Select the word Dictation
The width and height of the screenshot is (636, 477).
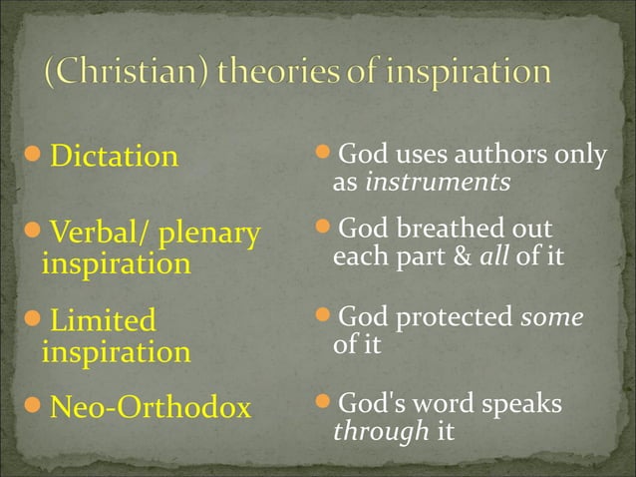click(x=114, y=157)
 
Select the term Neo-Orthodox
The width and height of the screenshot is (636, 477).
click(x=150, y=407)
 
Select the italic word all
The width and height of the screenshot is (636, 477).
click(x=494, y=256)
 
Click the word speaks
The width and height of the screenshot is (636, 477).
click(x=523, y=405)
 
